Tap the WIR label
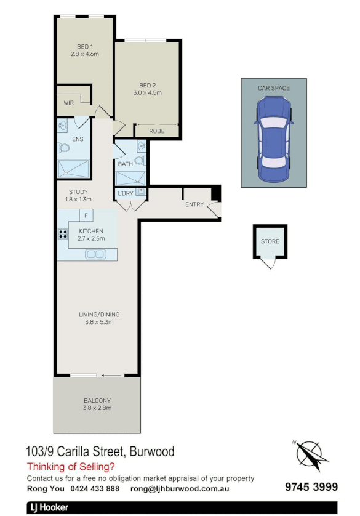68,103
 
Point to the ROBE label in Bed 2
156,131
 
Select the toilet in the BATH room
140,161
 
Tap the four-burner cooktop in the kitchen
62,234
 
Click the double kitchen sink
95,254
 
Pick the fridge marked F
86,216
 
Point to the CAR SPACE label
273,88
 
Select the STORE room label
270,241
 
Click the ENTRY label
194,204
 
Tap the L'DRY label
126,193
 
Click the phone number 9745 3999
311,487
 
